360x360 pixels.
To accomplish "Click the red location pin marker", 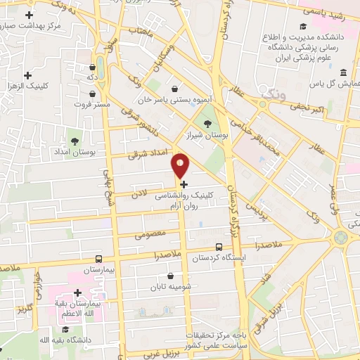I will pyautogui.click(x=181, y=165).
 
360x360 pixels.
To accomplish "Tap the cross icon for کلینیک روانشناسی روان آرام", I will pyautogui.click(x=184, y=184).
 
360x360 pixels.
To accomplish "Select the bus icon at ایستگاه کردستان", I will pyautogui.click(x=219, y=247).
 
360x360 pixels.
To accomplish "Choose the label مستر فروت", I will pyautogui.click(x=94, y=104).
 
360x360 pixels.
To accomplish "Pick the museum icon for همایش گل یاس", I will pyautogui.click(x=343, y=72).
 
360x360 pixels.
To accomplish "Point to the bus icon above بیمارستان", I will pyautogui.click(x=98, y=258).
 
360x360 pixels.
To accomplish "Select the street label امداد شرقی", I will pyautogui.click(x=145, y=153).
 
